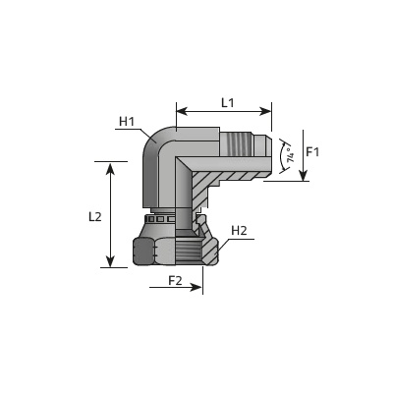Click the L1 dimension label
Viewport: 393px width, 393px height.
[x=228, y=103]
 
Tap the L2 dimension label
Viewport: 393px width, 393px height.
[x=95, y=216]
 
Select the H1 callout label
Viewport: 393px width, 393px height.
[x=127, y=122]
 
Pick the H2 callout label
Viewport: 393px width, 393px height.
[x=239, y=231]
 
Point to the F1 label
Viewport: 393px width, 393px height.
[x=312, y=151]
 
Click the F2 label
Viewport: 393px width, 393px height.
[x=175, y=280]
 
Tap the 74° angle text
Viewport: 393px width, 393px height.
[x=290, y=156]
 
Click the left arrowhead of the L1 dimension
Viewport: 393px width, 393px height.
[x=182, y=111]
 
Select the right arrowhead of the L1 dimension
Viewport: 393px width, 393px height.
[x=265, y=111]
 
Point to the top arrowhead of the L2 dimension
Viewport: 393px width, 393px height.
[x=111, y=168]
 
